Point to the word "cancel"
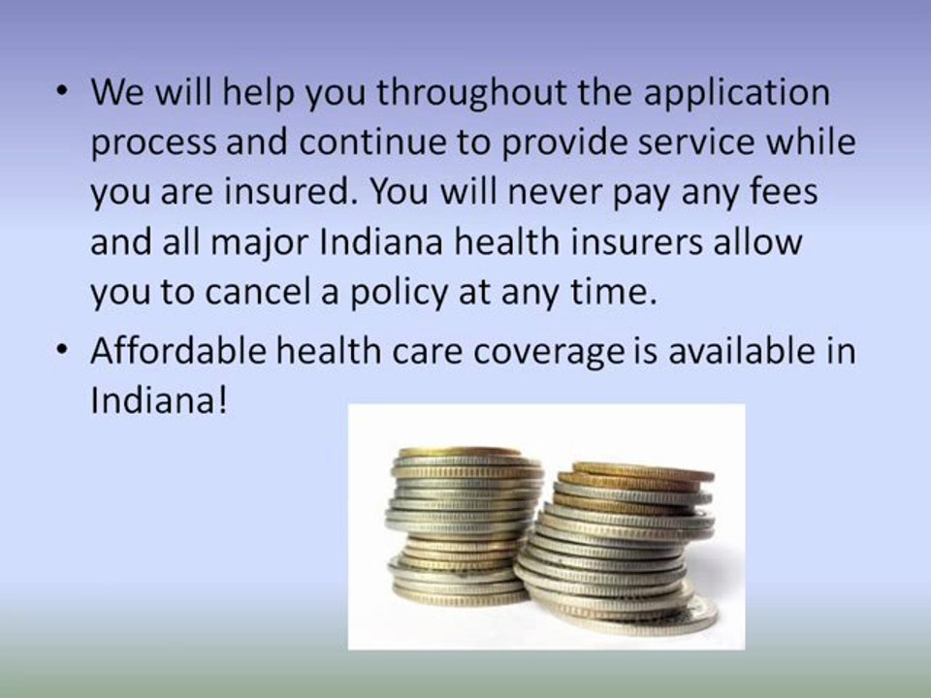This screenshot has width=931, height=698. click(x=273, y=292)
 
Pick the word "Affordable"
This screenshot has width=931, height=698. click(x=182, y=351)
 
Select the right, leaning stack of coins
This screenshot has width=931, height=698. click(x=621, y=548)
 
